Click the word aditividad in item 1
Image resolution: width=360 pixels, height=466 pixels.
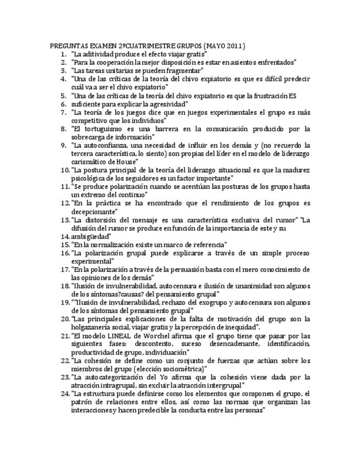tap(102, 54)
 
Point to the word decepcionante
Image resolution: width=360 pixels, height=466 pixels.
tap(95, 212)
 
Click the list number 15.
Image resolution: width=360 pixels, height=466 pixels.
tap(64, 245)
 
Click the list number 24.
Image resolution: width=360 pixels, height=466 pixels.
tap(64, 393)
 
